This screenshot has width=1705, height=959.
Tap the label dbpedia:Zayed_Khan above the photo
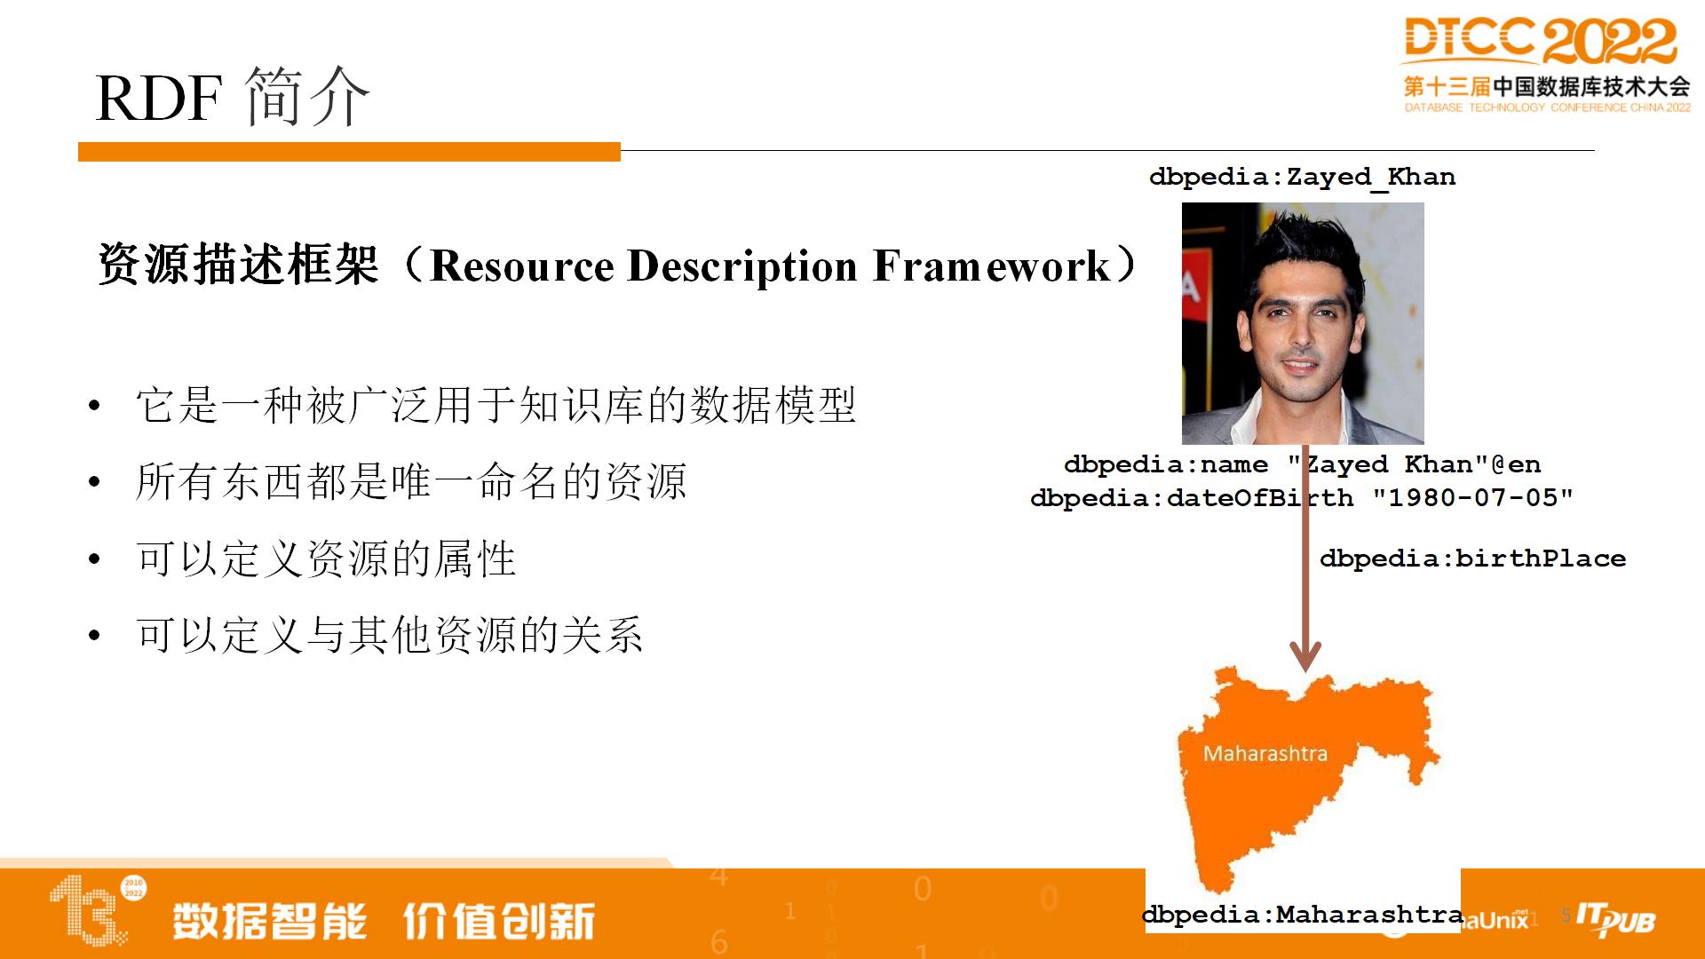[1302, 177]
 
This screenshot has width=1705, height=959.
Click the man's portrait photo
[1303, 323]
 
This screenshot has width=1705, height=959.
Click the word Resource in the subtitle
[521, 266]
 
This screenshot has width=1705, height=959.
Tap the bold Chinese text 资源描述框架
[238, 265]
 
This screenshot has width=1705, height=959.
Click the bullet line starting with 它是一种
[496, 406]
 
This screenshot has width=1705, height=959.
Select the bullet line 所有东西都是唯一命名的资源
[410, 482]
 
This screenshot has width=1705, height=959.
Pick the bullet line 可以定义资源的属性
[325, 559]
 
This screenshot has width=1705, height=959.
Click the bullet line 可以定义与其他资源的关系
[389, 635]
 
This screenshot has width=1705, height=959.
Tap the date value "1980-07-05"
[1472, 497]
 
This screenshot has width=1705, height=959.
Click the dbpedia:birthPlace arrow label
[1472, 559]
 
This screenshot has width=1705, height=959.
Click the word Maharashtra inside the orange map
[1265, 754]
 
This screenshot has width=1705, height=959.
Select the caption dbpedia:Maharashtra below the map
[1303, 915]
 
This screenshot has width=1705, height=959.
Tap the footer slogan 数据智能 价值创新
[384, 921]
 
